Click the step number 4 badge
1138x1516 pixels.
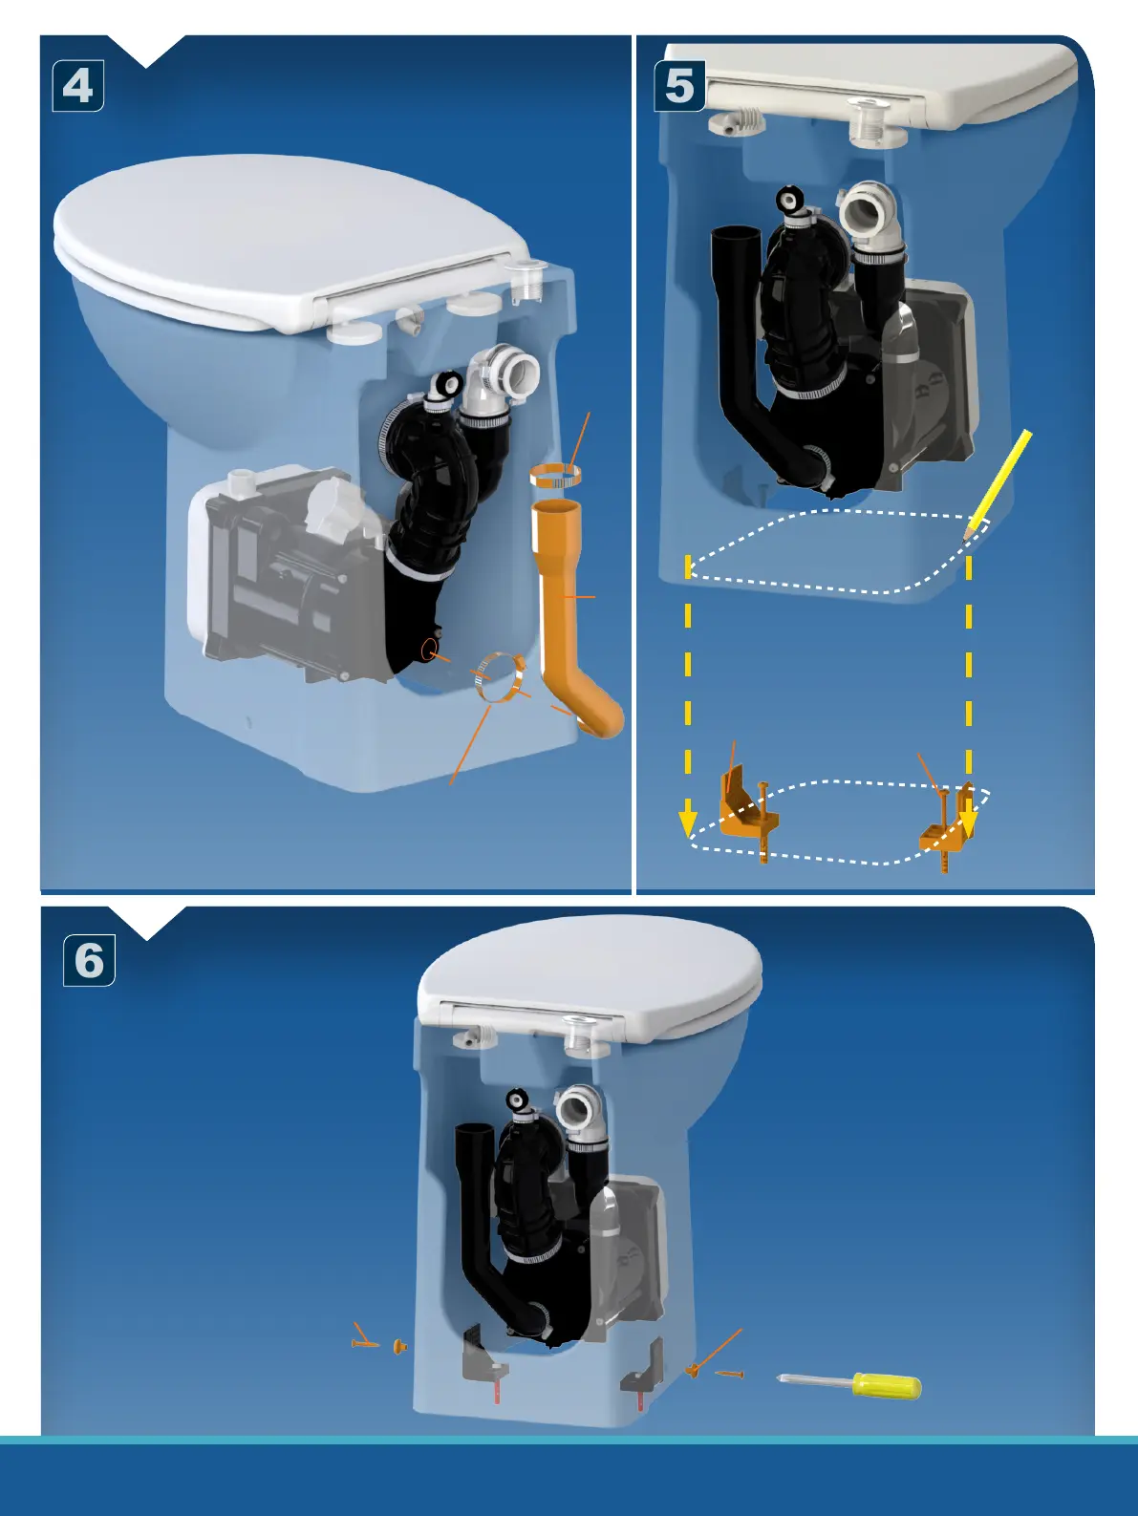[77, 86]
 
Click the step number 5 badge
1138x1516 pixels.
[679, 86]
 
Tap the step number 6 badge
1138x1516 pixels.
[89, 960]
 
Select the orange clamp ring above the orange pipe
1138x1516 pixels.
[557, 475]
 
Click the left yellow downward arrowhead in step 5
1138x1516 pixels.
[688, 822]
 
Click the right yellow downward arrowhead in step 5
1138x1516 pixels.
[969, 820]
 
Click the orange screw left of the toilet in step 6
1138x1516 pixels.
[365, 1344]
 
